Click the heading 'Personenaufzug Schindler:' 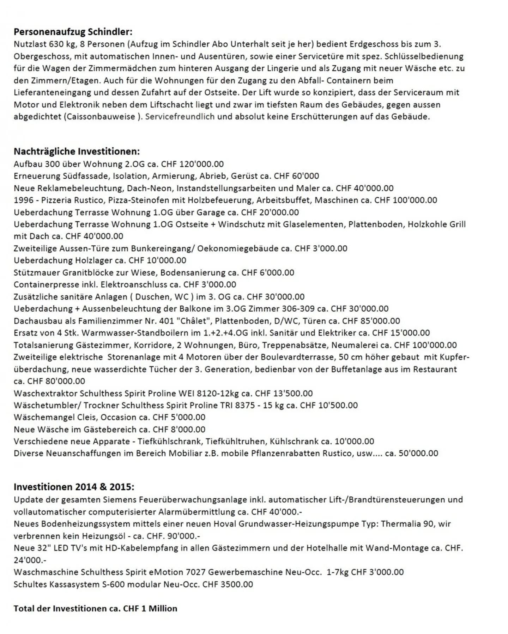(73, 32)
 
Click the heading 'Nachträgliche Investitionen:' (77, 152)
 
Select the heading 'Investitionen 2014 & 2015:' (74, 487)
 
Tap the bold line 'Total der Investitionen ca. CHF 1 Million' (95, 609)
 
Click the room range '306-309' (298, 309)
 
